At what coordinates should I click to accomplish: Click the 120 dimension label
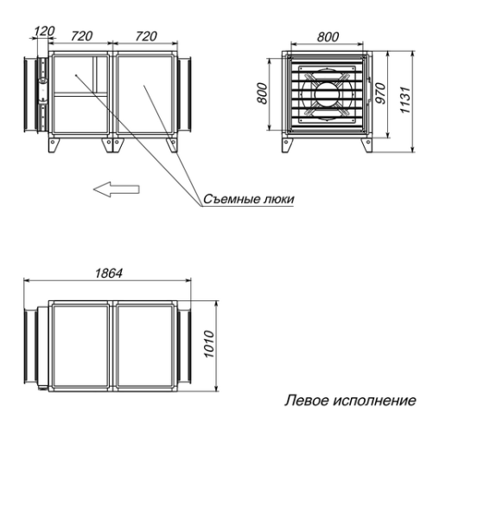43,31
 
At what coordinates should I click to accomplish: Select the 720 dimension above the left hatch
81,36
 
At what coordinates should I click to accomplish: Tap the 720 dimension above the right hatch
146,36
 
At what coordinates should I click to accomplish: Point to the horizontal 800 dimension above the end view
328,37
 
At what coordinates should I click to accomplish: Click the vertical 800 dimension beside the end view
264,92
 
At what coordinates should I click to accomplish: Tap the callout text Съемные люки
249,199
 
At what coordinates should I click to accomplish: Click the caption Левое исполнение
350,400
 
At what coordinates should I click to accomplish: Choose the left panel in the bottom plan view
80,345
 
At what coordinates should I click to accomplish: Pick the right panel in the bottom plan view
144,345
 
